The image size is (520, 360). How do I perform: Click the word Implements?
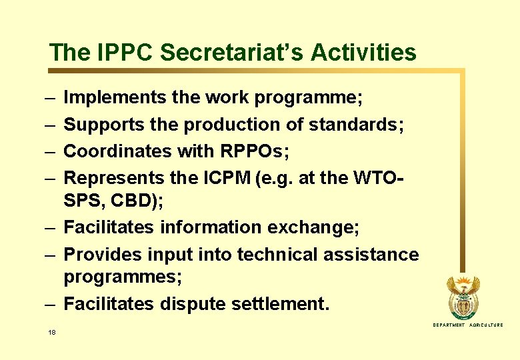(x=114, y=98)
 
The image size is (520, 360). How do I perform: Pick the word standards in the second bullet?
(x=356, y=125)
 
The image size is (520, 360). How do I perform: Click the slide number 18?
(x=52, y=332)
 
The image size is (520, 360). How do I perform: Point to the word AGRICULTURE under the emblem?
(x=487, y=325)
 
